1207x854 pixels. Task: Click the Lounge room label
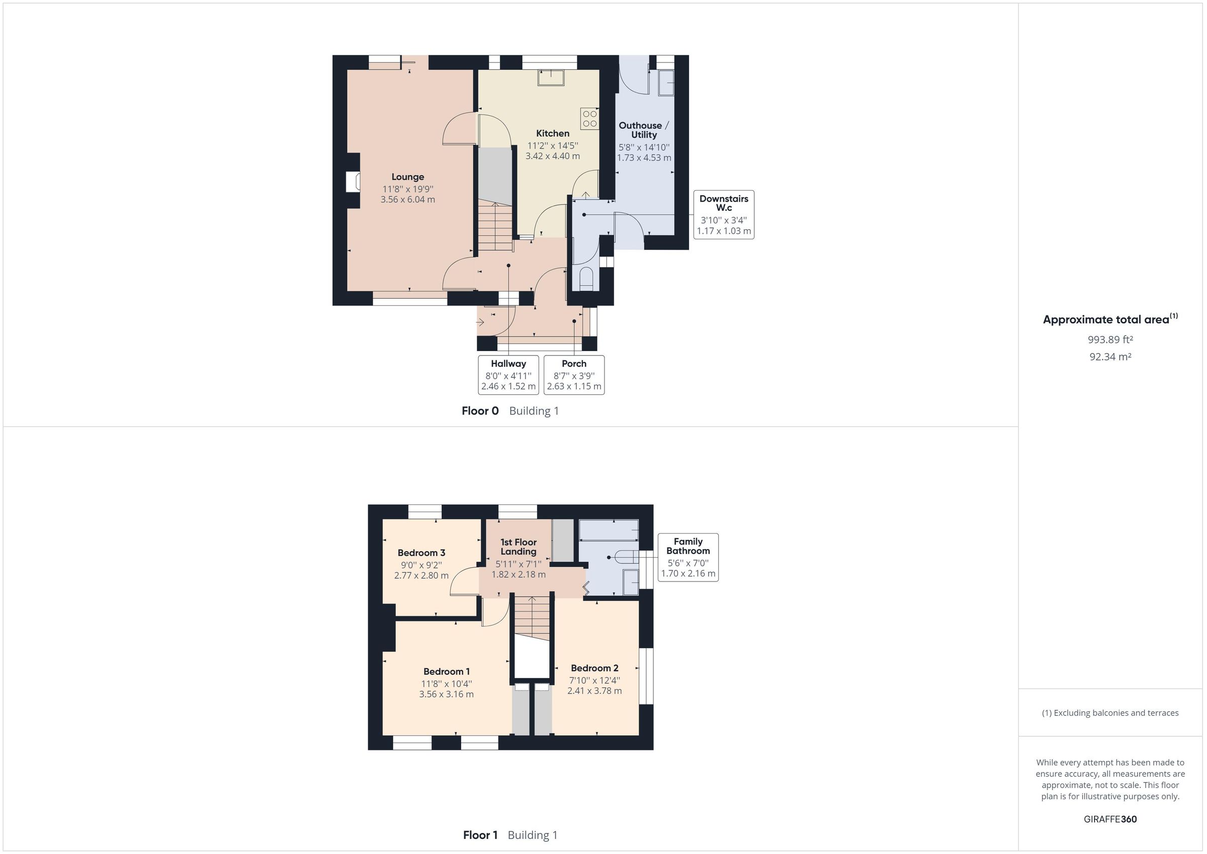[407, 177]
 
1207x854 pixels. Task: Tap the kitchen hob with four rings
[589, 119]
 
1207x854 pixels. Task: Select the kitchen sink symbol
[550, 78]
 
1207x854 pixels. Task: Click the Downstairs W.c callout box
[723, 215]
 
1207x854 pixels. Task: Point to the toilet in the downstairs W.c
[585, 278]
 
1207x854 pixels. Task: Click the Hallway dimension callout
[508, 375]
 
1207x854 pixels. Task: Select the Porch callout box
[573, 375]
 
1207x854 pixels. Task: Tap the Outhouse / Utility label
[643, 130]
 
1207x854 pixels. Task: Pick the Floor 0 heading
[479, 411]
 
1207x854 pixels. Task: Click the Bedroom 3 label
[421, 553]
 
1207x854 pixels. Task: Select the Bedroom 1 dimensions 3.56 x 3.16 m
[446, 694]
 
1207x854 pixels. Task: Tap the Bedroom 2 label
[594, 668]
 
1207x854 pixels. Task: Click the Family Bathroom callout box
[687, 557]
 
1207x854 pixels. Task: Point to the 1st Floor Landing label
[518, 546]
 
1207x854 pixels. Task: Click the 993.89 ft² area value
[1110, 339]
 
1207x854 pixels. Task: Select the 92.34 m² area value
[1110, 357]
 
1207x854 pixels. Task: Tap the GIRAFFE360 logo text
[1110, 819]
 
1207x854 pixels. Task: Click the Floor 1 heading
[479, 835]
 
